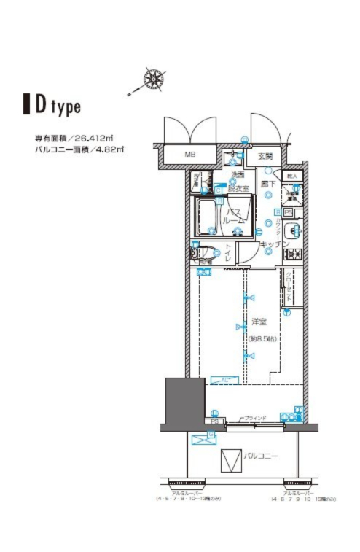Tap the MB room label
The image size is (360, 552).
[189, 155]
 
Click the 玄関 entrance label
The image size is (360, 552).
[264, 156]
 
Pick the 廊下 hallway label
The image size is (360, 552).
[268, 184]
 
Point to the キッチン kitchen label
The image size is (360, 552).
[270, 244]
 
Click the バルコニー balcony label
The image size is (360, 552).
[261, 456]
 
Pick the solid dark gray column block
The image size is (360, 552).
[179, 402]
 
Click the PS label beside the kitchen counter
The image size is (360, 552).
[288, 214]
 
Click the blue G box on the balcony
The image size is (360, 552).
[211, 435]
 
